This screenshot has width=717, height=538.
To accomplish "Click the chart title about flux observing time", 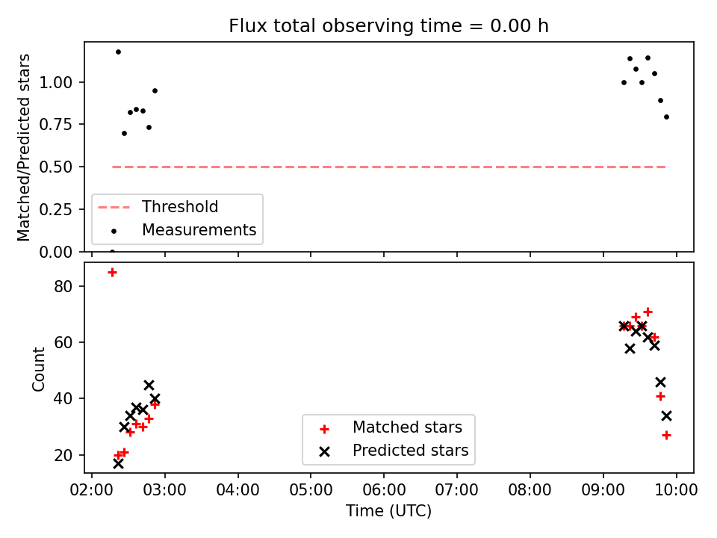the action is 388,26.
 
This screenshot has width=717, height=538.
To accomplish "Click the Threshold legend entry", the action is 158,207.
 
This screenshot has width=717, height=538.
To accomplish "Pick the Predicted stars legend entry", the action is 394,451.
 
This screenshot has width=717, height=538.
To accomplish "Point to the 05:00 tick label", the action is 311,490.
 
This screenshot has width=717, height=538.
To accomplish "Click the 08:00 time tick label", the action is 530,490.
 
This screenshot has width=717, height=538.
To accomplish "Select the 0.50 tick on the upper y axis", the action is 56,167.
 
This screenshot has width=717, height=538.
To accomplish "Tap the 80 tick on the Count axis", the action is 63,286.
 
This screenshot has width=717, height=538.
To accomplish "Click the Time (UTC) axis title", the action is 388,511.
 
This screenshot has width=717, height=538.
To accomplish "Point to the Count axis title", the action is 38,368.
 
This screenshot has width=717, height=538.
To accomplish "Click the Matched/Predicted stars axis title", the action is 24,147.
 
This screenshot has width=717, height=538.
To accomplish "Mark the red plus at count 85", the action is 112,273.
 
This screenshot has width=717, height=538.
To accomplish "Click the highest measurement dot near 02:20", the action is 118,52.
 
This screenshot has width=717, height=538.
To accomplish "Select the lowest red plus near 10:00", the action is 667,435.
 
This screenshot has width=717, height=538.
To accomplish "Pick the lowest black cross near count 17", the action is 118,463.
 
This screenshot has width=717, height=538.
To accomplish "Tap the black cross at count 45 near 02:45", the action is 149,385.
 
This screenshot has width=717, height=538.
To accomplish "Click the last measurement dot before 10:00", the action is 667,117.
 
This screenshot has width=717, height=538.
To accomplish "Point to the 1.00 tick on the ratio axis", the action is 56,82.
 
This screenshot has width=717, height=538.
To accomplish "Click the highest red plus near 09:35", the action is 648,312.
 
